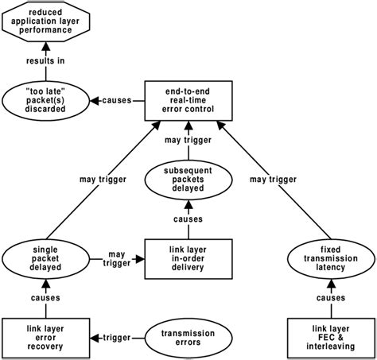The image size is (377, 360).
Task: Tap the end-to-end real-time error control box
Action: pos(188,100)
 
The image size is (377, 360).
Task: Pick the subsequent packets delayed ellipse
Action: pos(188,180)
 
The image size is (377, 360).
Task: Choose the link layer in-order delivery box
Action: pos(188,259)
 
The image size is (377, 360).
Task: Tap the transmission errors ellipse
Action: pos(188,338)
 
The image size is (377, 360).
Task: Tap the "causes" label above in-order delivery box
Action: pos(188,219)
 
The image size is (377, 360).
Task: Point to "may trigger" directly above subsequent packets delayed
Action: pos(188,141)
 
